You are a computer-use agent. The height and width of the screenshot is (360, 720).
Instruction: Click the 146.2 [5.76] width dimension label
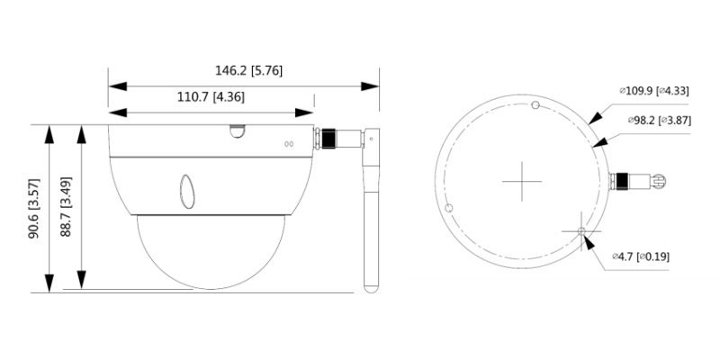point(249,71)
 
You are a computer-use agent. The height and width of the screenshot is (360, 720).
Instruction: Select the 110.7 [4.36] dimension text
point(211,97)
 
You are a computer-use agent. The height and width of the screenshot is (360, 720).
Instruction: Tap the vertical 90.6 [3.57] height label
point(34,208)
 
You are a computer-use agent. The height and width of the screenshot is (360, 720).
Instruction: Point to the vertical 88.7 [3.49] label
point(66,206)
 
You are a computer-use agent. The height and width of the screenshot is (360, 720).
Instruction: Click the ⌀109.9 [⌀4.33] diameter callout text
point(654,91)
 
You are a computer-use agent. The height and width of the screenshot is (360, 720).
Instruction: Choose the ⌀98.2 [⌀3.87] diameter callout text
point(660,121)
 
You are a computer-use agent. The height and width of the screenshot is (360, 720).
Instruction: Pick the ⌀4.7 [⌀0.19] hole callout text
point(641,256)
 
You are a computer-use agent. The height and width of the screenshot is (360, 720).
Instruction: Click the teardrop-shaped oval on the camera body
point(187,192)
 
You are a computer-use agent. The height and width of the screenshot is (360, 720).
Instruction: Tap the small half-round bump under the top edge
point(238,131)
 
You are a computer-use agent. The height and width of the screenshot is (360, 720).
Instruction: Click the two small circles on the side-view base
point(289,144)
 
